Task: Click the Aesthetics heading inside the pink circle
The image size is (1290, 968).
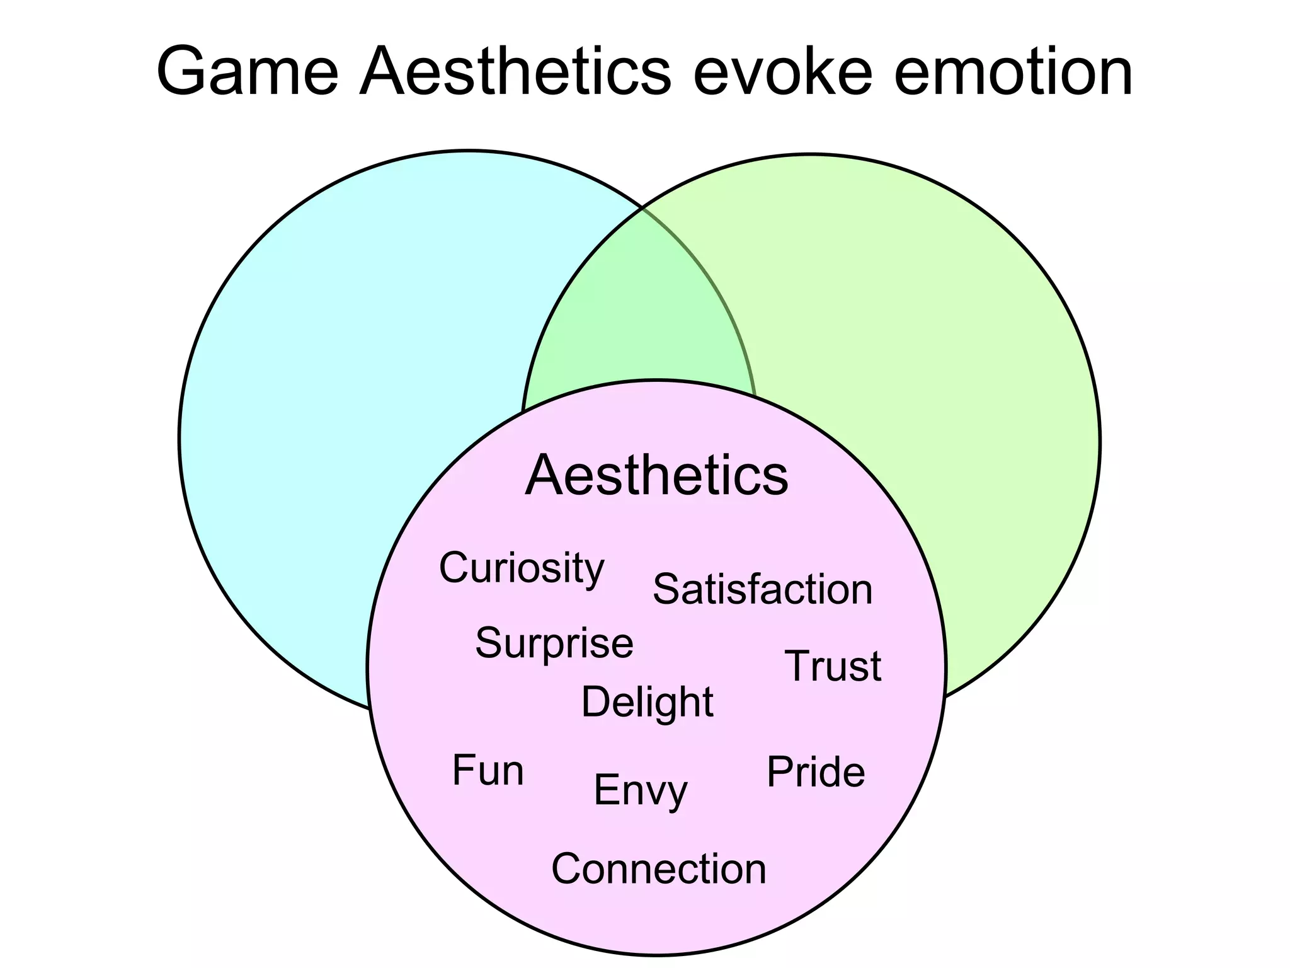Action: click(x=656, y=475)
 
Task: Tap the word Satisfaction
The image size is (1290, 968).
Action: click(x=762, y=590)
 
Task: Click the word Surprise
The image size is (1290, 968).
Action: click(x=554, y=643)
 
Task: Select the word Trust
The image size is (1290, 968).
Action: click(x=833, y=666)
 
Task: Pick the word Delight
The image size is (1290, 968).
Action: click(x=648, y=702)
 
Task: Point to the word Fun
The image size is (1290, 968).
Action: click(x=488, y=770)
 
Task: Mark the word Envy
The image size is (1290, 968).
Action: click(x=641, y=791)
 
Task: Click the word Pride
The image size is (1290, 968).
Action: click(x=816, y=772)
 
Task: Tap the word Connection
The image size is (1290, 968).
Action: click(x=659, y=869)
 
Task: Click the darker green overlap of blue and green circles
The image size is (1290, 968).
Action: click(x=639, y=302)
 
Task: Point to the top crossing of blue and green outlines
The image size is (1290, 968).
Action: click(x=641, y=207)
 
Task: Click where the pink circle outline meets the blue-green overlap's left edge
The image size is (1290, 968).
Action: click(x=523, y=413)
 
